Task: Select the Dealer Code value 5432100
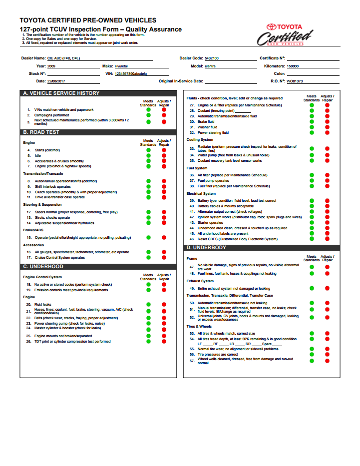(x=212, y=58)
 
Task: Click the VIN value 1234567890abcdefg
(x=131, y=73)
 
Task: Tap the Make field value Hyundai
(x=121, y=66)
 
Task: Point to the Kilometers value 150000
(x=293, y=66)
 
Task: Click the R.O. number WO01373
(x=295, y=81)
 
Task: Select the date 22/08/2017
(x=57, y=81)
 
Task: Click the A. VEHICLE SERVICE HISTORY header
(x=61, y=93)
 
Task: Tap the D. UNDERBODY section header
(x=206, y=248)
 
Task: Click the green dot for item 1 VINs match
(x=148, y=110)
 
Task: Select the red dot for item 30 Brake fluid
(x=327, y=122)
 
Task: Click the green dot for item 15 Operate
(x=148, y=237)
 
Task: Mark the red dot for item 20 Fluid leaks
(x=163, y=304)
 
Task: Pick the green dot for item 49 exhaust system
(x=312, y=288)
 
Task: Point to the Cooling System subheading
(x=200, y=140)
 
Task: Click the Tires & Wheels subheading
(x=199, y=326)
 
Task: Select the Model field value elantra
(x=210, y=66)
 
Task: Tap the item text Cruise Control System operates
(x=59, y=258)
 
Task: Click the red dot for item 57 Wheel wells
(x=327, y=361)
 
